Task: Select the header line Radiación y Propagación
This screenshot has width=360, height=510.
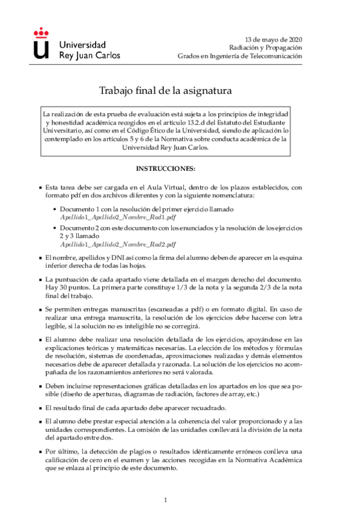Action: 265,47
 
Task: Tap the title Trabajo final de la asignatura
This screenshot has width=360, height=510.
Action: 165,91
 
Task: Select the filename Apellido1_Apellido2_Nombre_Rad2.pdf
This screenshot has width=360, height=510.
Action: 118,245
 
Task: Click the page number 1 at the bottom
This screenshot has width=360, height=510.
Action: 165,500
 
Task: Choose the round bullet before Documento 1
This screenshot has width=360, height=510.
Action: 55,209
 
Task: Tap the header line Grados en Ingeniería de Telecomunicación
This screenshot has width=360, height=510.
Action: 240,56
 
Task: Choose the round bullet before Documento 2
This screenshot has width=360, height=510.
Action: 55,229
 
